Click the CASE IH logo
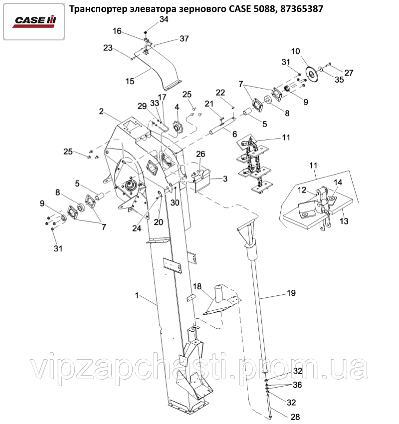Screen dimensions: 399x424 point(34,21)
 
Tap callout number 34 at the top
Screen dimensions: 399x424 point(164,19)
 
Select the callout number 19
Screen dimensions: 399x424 point(291,293)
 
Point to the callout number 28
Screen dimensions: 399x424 point(295,417)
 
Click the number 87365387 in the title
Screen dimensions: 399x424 point(302,9)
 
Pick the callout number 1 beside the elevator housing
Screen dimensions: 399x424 point(137,295)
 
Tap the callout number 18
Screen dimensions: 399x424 point(198,286)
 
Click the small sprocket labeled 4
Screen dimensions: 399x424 point(178,126)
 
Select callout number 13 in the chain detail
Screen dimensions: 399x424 point(344,221)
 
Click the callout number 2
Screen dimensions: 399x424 point(101,111)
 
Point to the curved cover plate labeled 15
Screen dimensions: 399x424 point(157,68)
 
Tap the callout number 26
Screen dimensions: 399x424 point(200,154)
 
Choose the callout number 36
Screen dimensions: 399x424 point(297,385)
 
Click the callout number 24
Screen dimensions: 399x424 point(137,228)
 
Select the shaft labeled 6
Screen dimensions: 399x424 point(221,126)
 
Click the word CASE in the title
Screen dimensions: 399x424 point(240,9)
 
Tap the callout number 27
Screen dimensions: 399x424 point(349,73)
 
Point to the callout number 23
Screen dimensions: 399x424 point(108,48)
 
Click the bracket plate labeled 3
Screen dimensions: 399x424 point(201,181)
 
